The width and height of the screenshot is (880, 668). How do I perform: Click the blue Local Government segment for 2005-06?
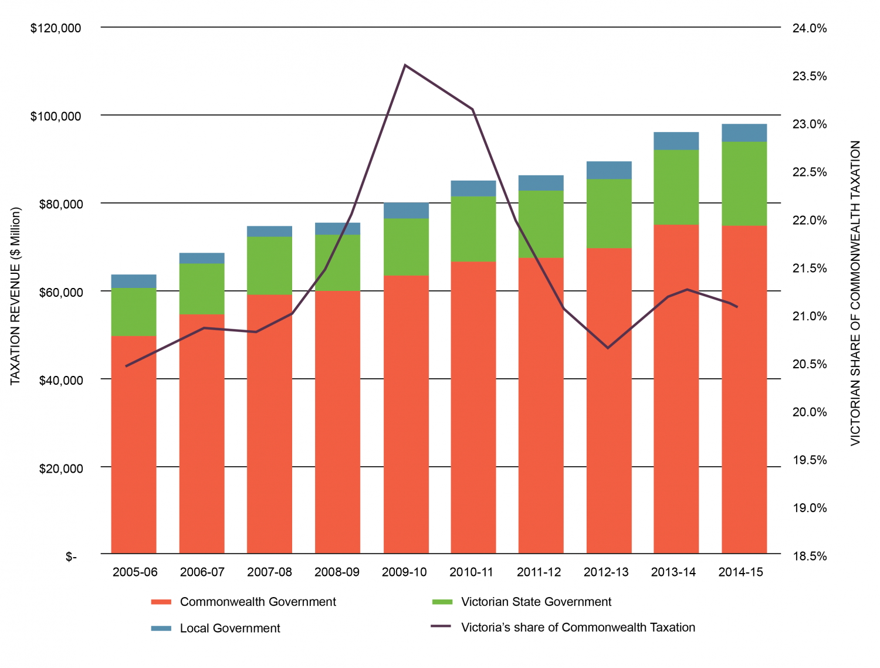(x=134, y=281)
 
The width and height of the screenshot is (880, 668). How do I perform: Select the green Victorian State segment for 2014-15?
(x=744, y=183)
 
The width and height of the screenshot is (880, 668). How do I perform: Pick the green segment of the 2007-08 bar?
(x=269, y=265)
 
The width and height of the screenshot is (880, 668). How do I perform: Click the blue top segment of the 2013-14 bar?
(x=676, y=141)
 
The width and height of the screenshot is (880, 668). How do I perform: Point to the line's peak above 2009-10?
(x=405, y=65)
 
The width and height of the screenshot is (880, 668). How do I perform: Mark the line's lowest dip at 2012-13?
(x=608, y=348)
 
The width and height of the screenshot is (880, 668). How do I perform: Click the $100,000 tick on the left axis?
(x=56, y=116)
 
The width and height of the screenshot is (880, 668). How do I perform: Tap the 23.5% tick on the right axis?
(x=810, y=76)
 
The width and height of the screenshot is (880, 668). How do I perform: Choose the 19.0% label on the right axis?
(x=810, y=508)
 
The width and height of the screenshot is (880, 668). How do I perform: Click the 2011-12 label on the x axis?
(x=539, y=572)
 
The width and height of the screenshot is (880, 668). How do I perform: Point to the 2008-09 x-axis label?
(x=337, y=572)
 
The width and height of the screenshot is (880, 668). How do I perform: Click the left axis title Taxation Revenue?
(x=16, y=296)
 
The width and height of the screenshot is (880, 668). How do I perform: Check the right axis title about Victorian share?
(x=855, y=293)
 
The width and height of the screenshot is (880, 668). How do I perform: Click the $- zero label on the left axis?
(x=71, y=557)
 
